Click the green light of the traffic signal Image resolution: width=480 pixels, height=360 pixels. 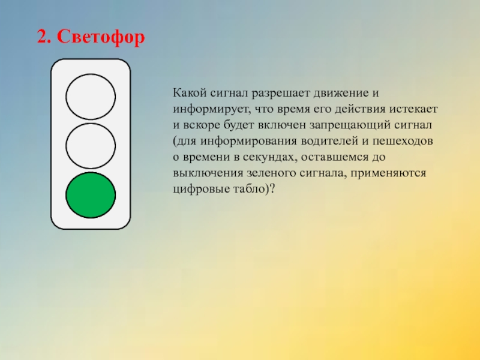pos(91,195)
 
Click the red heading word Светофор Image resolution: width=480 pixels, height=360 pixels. pos(101,37)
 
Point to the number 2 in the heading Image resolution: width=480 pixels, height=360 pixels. pos(43,37)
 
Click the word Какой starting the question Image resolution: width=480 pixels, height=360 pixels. pos(190,93)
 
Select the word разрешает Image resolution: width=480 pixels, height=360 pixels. pos(281,94)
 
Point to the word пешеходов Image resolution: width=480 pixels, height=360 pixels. pos(403,141)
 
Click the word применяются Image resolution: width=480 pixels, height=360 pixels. pos(388,173)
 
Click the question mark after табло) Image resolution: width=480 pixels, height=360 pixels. pos(272,188)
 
